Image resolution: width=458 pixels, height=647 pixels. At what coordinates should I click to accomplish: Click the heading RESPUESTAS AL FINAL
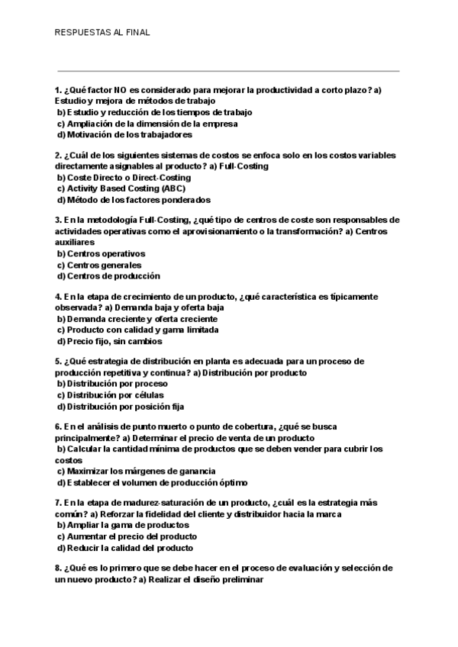[x=102, y=33]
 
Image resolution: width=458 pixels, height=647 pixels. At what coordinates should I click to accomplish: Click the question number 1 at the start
[x=58, y=90]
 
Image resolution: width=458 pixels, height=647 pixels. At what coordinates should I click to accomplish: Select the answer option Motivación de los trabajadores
[x=124, y=134]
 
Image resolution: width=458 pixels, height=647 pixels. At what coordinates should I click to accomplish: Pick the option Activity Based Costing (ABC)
[x=125, y=188]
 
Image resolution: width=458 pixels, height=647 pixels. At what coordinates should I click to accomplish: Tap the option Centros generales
[x=104, y=265]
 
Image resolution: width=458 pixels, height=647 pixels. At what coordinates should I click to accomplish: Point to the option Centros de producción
[x=113, y=276]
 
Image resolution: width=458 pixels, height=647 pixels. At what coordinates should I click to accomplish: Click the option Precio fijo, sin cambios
[x=114, y=341]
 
